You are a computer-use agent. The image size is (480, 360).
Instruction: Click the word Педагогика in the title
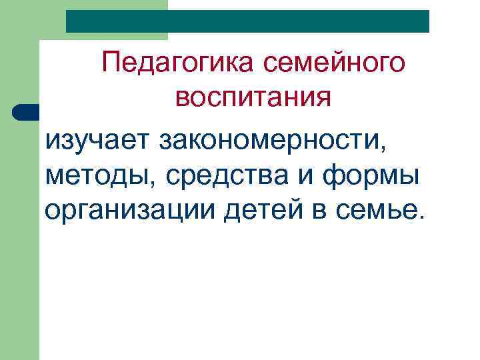(179, 64)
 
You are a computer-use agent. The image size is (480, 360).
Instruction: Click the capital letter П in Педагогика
(111, 64)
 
